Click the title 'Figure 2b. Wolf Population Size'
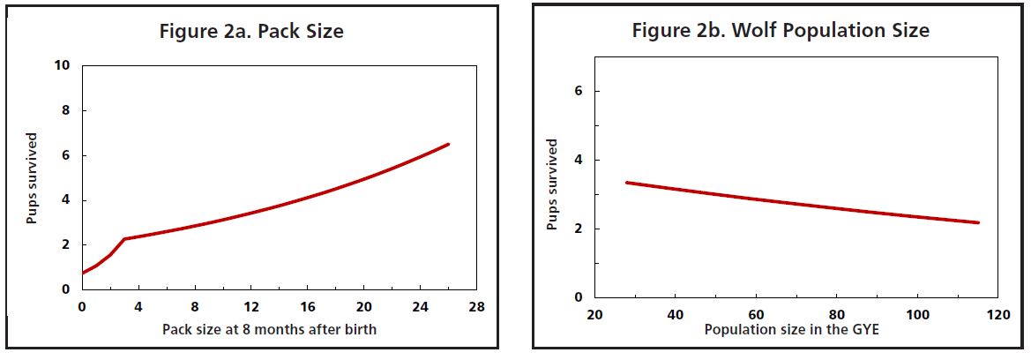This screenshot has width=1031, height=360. click(781, 31)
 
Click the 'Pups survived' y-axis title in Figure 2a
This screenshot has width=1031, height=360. click(32, 178)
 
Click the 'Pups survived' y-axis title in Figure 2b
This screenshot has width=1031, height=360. click(552, 184)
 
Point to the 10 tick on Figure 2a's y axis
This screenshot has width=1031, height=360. click(64, 66)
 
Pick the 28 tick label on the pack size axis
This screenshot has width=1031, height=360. click(476, 307)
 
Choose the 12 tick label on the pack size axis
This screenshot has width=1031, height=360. click(250, 307)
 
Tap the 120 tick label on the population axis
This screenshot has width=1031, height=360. click(998, 315)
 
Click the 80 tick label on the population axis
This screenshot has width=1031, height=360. click(837, 315)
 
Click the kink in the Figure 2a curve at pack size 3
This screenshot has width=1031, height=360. click(124, 238)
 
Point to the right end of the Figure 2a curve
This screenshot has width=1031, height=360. click(449, 144)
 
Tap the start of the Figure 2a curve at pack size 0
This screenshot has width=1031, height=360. click(83, 273)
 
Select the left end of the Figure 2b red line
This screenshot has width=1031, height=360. click(626, 183)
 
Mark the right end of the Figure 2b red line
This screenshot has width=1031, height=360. click(979, 222)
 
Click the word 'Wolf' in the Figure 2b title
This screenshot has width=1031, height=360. click(750, 31)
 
